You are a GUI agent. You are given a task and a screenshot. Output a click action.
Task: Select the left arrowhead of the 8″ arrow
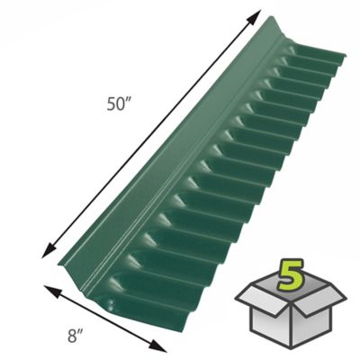tap(41, 289)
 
